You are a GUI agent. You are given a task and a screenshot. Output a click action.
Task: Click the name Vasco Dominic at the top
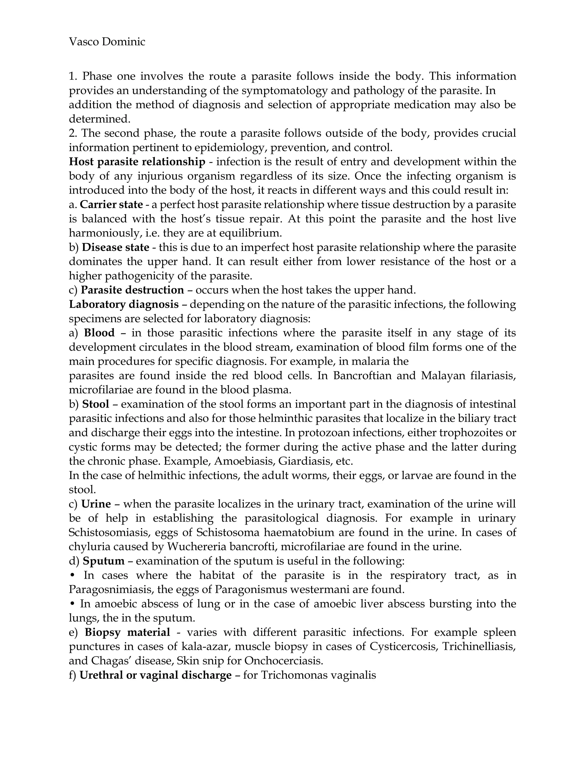point(107,42)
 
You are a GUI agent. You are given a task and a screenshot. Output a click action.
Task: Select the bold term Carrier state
point(111,205)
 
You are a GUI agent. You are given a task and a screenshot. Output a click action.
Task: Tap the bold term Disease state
point(116,247)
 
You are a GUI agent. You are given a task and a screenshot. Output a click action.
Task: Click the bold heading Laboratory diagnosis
point(124,304)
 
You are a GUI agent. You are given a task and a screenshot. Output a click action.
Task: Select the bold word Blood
point(99,333)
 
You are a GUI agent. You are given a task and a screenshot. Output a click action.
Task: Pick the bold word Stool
point(96,404)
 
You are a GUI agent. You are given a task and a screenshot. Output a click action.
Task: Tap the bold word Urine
point(96,504)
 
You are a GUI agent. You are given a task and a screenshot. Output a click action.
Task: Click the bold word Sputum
point(104,561)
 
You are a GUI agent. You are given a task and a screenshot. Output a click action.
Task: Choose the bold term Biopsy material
point(127,632)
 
